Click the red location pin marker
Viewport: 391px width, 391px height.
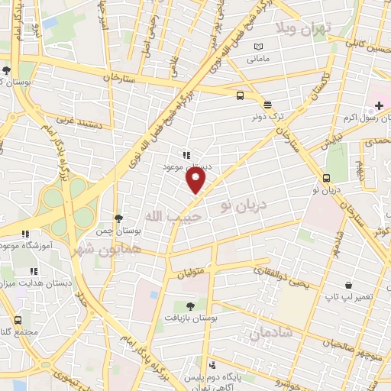point(196,181)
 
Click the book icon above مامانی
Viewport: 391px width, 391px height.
point(259,47)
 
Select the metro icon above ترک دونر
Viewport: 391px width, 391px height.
point(267,105)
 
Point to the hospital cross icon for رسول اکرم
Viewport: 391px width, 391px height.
point(380,104)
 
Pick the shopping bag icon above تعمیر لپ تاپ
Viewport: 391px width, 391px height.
point(348,284)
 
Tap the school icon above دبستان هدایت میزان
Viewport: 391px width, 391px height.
point(33,271)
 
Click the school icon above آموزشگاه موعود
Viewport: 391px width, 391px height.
point(25,234)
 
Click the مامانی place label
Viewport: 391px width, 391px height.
point(259,58)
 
